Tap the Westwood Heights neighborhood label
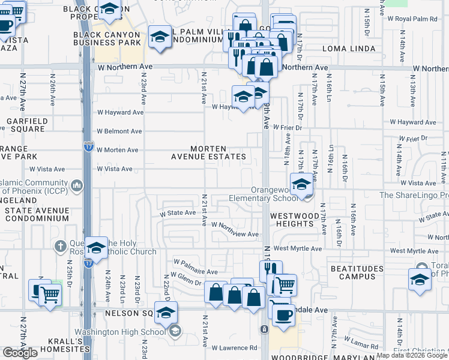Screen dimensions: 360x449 point(292,219)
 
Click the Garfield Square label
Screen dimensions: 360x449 point(27,124)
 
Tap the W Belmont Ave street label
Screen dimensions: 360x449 point(120,131)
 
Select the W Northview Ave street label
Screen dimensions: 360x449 point(235,234)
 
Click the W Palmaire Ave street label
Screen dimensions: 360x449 point(196,263)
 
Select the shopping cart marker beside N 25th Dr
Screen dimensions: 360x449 point(50,295)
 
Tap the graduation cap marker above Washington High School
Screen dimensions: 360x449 point(166,312)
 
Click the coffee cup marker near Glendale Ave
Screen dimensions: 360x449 point(283,314)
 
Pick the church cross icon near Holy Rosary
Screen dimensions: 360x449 point(60,246)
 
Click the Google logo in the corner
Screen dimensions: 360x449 point(20,353)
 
